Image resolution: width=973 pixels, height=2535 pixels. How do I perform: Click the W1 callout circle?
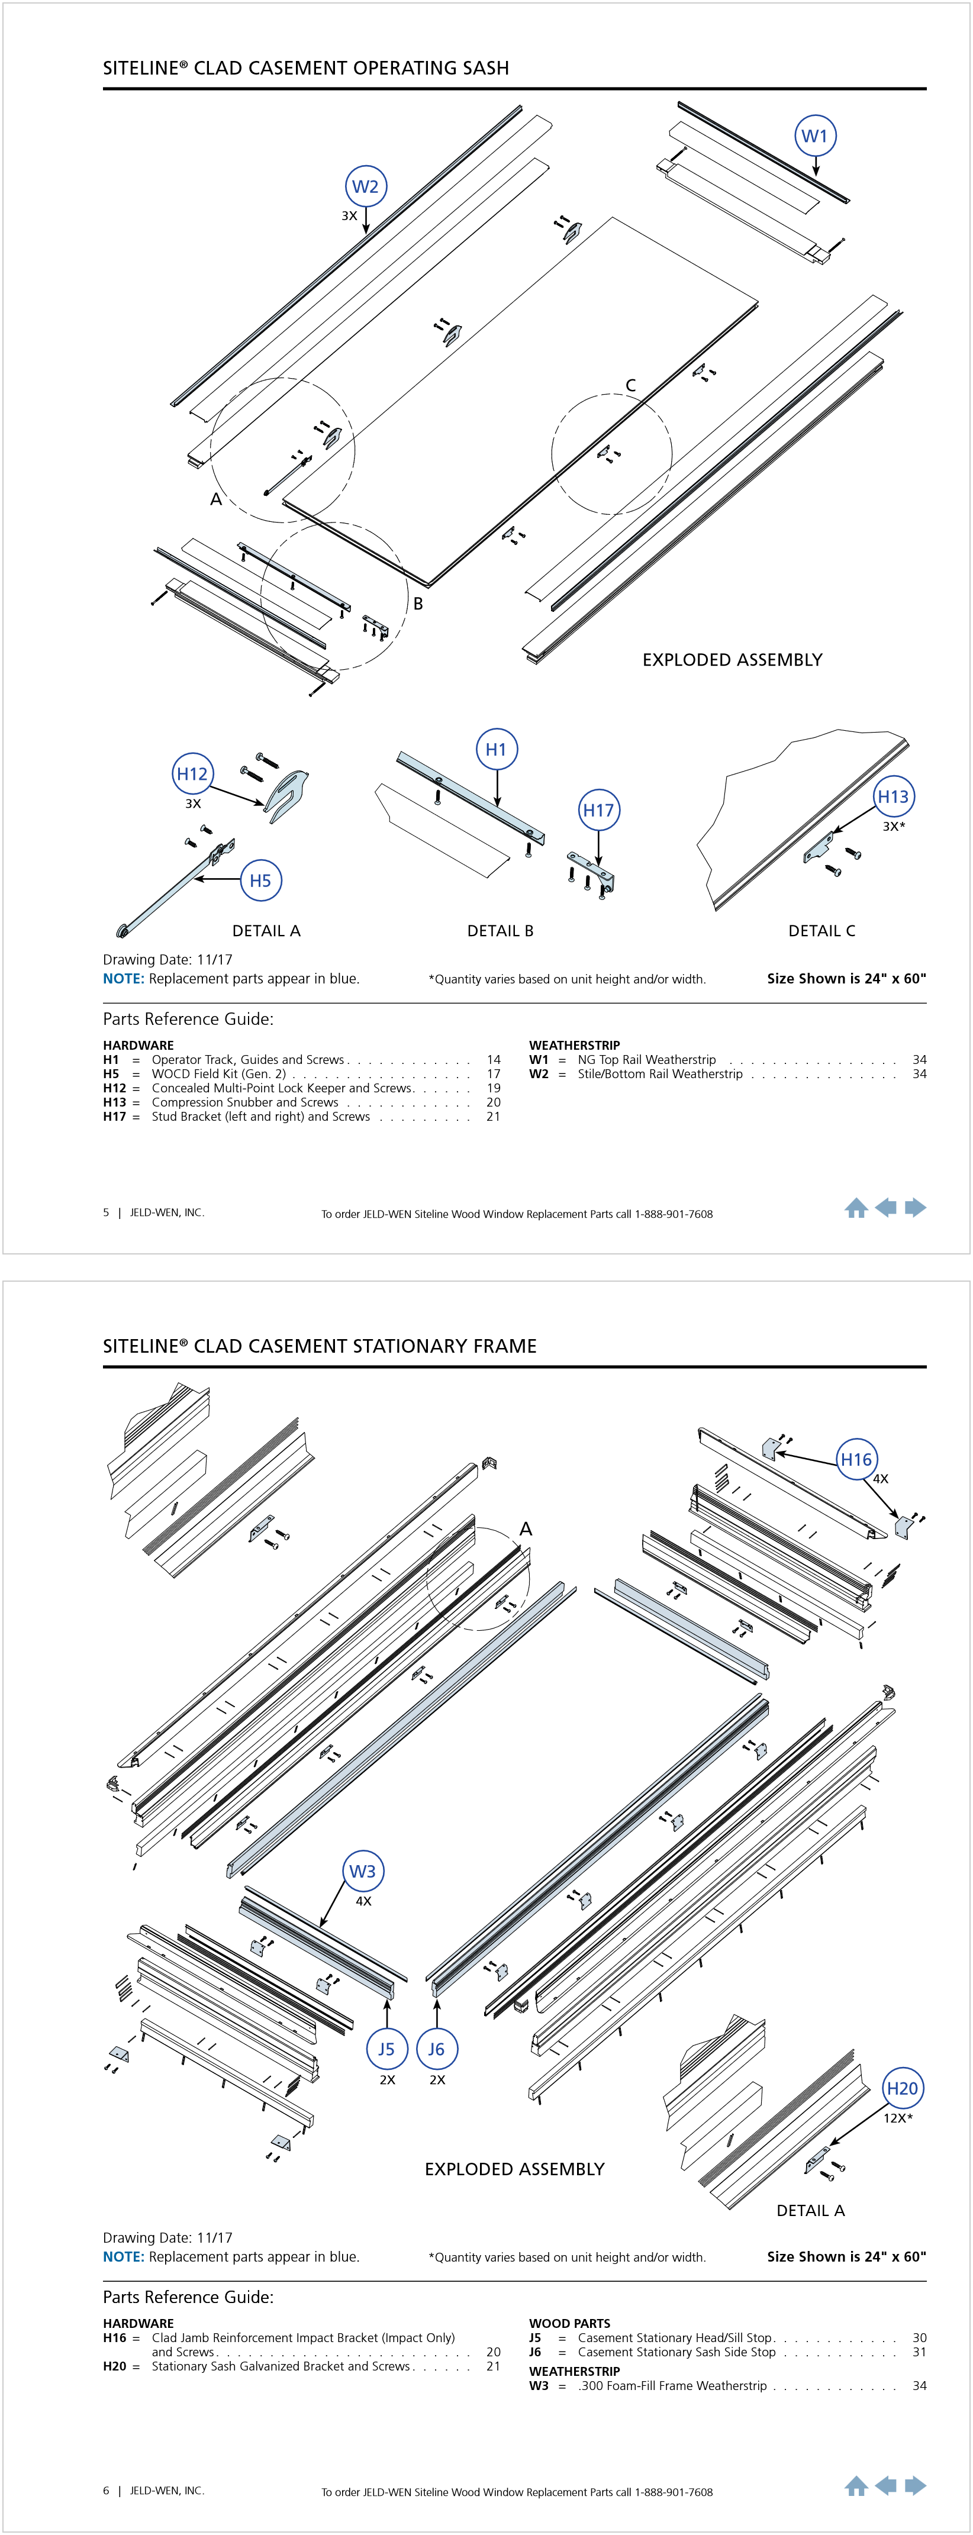[814, 136]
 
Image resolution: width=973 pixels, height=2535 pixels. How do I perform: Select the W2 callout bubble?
[365, 186]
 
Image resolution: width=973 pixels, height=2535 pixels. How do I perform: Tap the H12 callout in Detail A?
[192, 773]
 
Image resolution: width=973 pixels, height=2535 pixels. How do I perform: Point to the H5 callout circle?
[260, 881]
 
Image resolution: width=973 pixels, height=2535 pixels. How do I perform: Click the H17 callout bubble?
[598, 810]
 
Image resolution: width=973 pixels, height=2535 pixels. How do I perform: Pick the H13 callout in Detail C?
[893, 796]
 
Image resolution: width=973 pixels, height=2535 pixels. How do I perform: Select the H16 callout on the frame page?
[856, 1459]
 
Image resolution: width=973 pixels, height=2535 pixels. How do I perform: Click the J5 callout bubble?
[386, 2049]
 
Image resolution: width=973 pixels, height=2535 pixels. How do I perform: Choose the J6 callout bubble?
[436, 2049]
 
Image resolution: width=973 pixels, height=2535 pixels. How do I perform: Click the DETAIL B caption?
[500, 931]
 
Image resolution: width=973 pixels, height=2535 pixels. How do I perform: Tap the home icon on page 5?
[856, 1208]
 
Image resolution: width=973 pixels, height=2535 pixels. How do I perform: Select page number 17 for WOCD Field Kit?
[494, 1073]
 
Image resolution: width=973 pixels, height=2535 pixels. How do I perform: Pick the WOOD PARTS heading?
[569, 2323]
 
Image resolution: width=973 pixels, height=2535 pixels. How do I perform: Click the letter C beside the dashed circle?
[631, 386]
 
